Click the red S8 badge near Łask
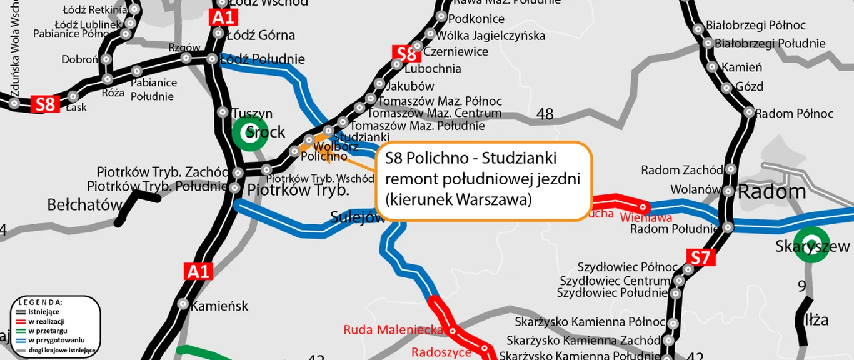click(46, 104)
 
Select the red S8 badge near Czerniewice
click(406, 54)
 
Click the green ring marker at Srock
click(245, 132)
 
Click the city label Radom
click(772, 192)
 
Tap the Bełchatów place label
click(84, 205)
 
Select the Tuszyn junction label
click(252, 114)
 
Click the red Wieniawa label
click(646, 217)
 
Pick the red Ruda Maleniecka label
click(393, 330)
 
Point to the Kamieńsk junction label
click(219, 306)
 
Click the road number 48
click(545, 114)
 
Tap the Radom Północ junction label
click(794, 114)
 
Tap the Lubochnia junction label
click(433, 69)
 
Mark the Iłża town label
click(816, 321)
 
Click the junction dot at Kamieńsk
click(183, 304)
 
